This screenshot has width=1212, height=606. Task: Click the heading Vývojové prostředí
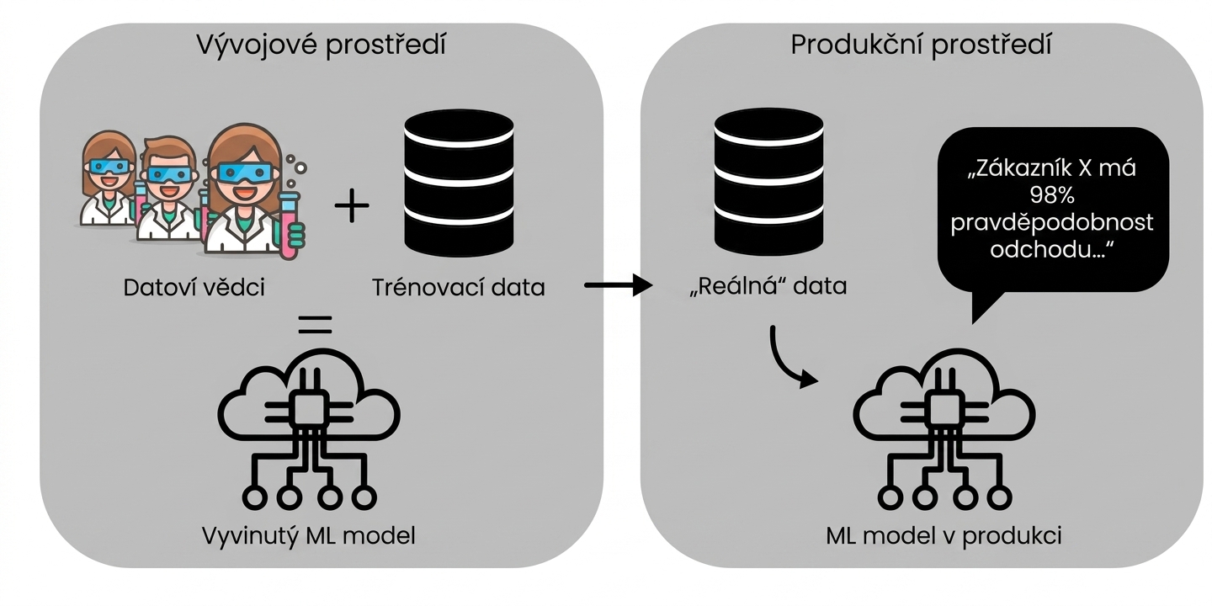point(321,45)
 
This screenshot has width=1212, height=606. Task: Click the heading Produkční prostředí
point(921,45)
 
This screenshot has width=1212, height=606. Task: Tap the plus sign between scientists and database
point(352,205)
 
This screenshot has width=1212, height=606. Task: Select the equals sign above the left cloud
point(315,324)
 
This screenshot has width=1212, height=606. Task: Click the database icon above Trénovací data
point(459,183)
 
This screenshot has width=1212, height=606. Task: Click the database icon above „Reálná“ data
point(768,182)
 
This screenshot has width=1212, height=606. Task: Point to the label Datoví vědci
point(194,287)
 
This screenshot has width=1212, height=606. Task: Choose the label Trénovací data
point(458,287)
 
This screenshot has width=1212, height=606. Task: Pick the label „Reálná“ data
point(768,286)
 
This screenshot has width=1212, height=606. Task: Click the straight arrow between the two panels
point(619,285)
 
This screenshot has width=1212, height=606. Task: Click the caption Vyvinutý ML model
point(308,536)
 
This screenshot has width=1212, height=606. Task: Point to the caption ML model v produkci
point(944,535)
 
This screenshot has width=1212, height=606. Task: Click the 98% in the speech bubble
point(1052,194)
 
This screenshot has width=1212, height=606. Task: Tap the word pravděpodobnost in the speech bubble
point(1052,223)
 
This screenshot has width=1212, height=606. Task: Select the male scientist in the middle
point(167,188)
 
